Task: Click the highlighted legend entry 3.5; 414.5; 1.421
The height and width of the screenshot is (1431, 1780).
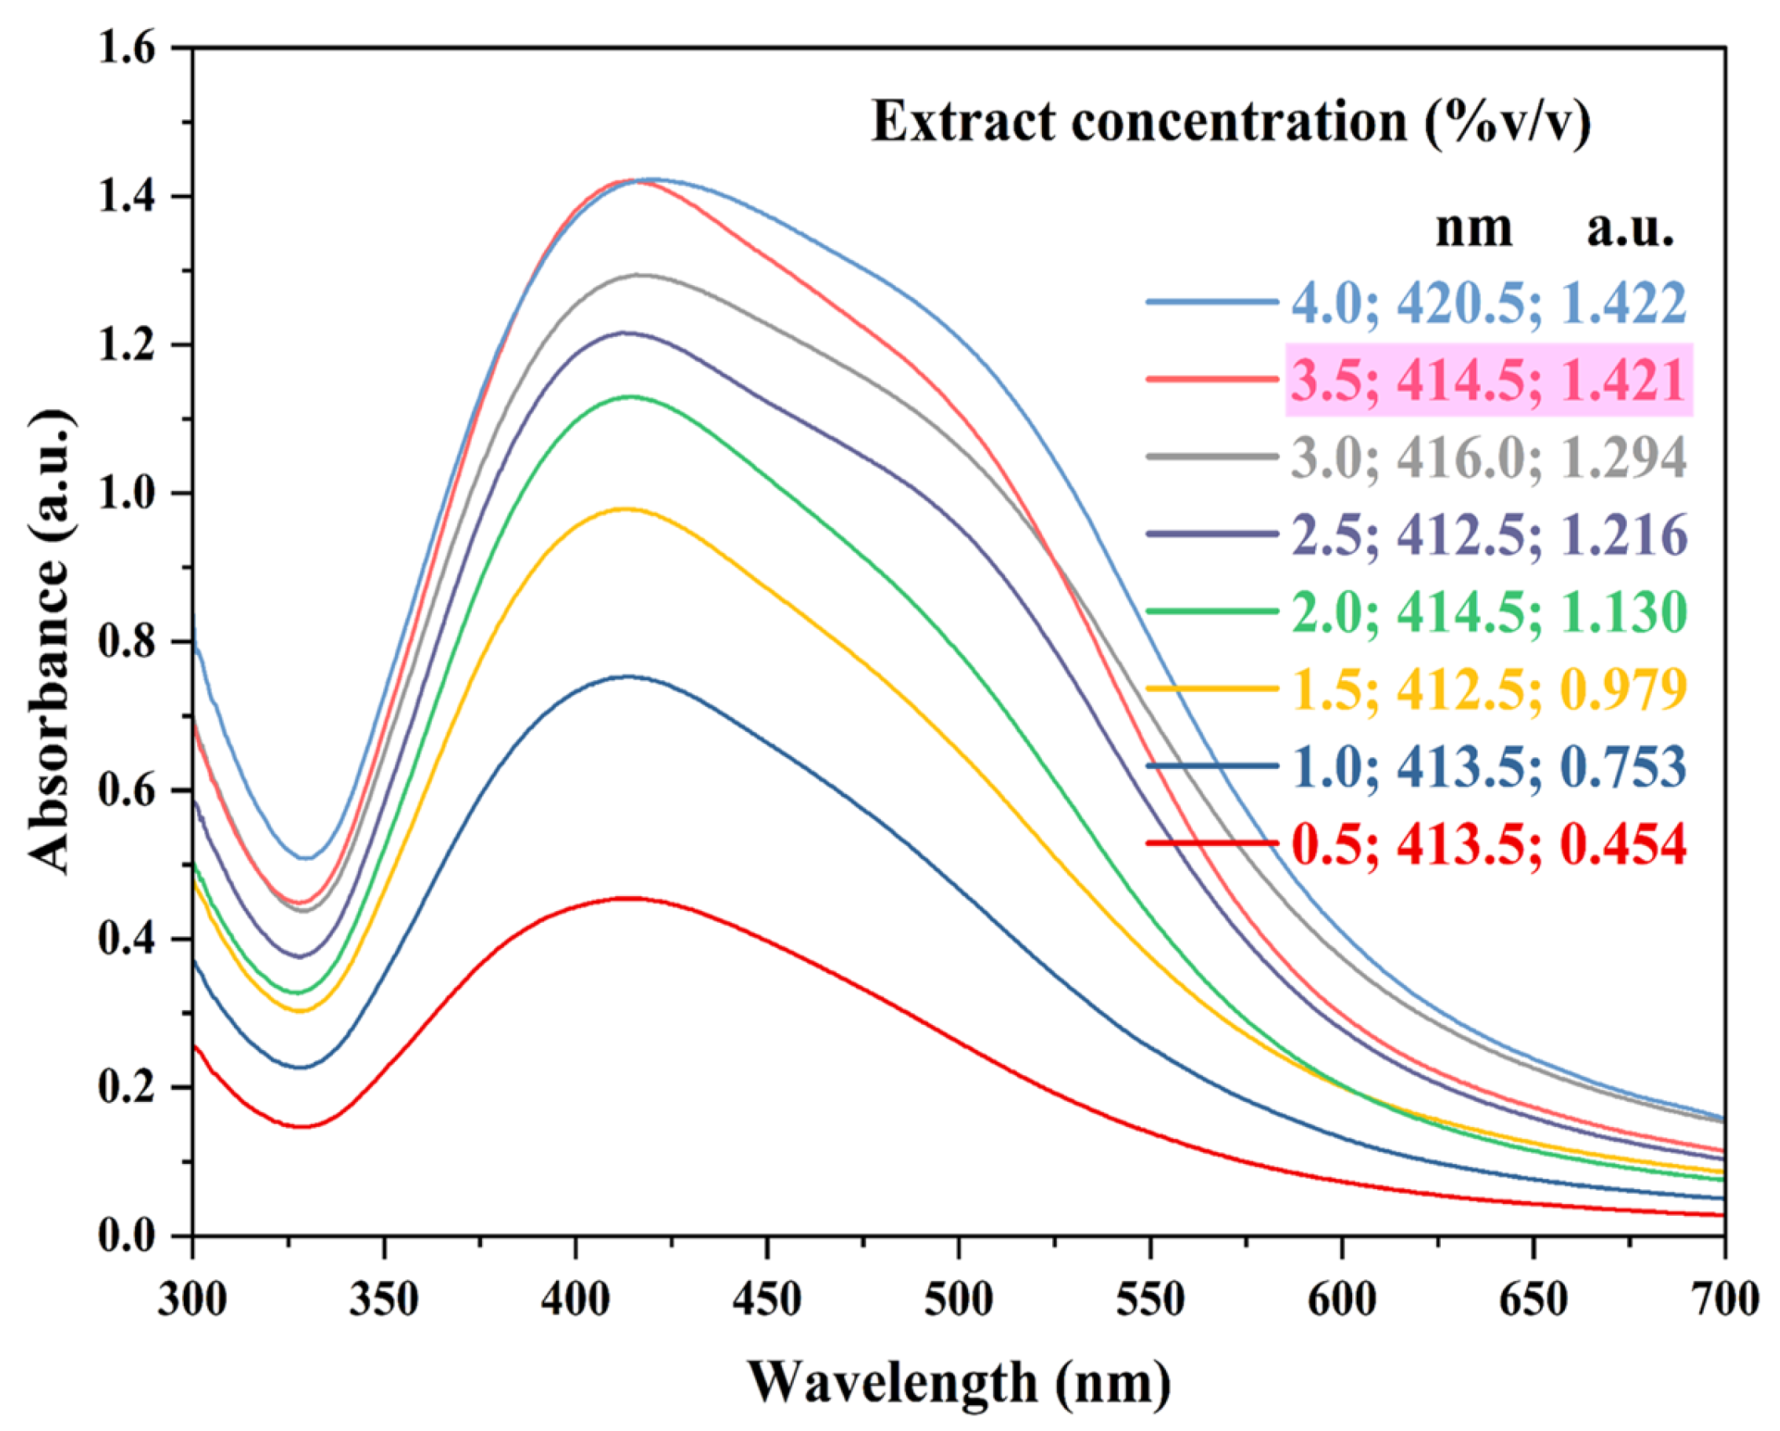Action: click(1489, 381)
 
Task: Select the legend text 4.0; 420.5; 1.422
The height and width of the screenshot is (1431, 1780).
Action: click(1489, 303)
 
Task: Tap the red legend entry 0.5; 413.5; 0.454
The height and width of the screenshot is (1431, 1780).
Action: click(1489, 846)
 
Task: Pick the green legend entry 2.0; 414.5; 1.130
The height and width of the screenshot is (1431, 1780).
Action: click(1489, 613)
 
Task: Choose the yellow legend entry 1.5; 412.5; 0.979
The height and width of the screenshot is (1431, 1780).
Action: click(1489, 689)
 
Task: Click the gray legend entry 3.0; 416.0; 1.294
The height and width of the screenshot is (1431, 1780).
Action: click(1489, 457)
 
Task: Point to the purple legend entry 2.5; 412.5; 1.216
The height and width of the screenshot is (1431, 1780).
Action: click(1489, 535)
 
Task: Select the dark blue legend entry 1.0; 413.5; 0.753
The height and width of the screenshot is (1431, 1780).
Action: click(1489, 767)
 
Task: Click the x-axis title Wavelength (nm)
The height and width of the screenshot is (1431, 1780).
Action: click(959, 1382)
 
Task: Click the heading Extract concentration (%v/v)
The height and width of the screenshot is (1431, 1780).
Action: click(1231, 123)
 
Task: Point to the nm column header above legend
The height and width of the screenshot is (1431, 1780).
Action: click(1474, 229)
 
